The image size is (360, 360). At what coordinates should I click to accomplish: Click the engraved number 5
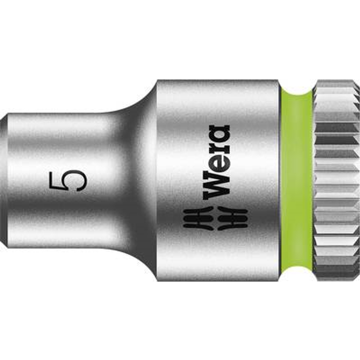(x=68, y=180)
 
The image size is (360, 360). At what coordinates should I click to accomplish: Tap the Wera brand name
(x=216, y=162)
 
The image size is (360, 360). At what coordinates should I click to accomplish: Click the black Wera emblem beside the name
(x=216, y=218)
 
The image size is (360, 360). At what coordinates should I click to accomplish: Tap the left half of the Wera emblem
(x=199, y=218)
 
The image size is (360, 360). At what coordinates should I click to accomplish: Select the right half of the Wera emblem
(x=232, y=218)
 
